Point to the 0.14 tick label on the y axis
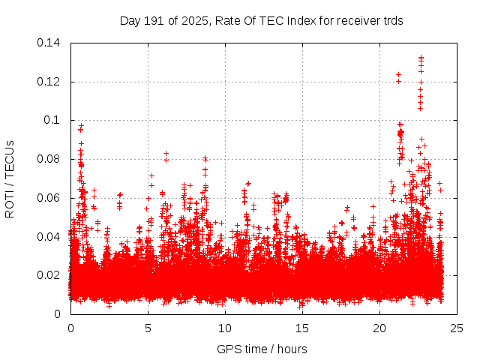(x=50, y=43)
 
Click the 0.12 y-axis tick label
(x=50, y=82)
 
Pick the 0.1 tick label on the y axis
(x=54, y=120)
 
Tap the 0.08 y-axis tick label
(x=50, y=159)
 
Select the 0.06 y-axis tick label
(x=50, y=198)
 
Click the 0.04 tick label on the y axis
(x=50, y=236)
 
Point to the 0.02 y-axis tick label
(x=50, y=275)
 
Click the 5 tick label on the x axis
(x=148, y=328)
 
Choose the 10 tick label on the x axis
(x=225, y=328)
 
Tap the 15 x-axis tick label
(x=302, y=328)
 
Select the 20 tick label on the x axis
(x=379, y=328)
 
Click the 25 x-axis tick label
(x=457, y=328)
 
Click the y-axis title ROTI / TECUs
(x=10, y=178)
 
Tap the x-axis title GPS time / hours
(x=262, y=349)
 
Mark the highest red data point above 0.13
(x=421, y=57)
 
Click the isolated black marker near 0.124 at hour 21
(x=398, y=74)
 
